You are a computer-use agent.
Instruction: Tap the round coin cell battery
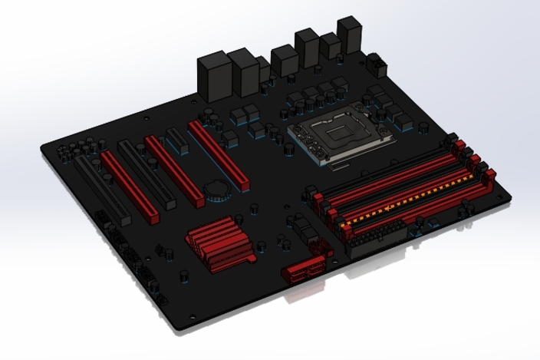click(x=215, y=189)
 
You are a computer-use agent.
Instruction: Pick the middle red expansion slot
click(x=163, y=173)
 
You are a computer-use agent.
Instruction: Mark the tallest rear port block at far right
click(x=350, y=35)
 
